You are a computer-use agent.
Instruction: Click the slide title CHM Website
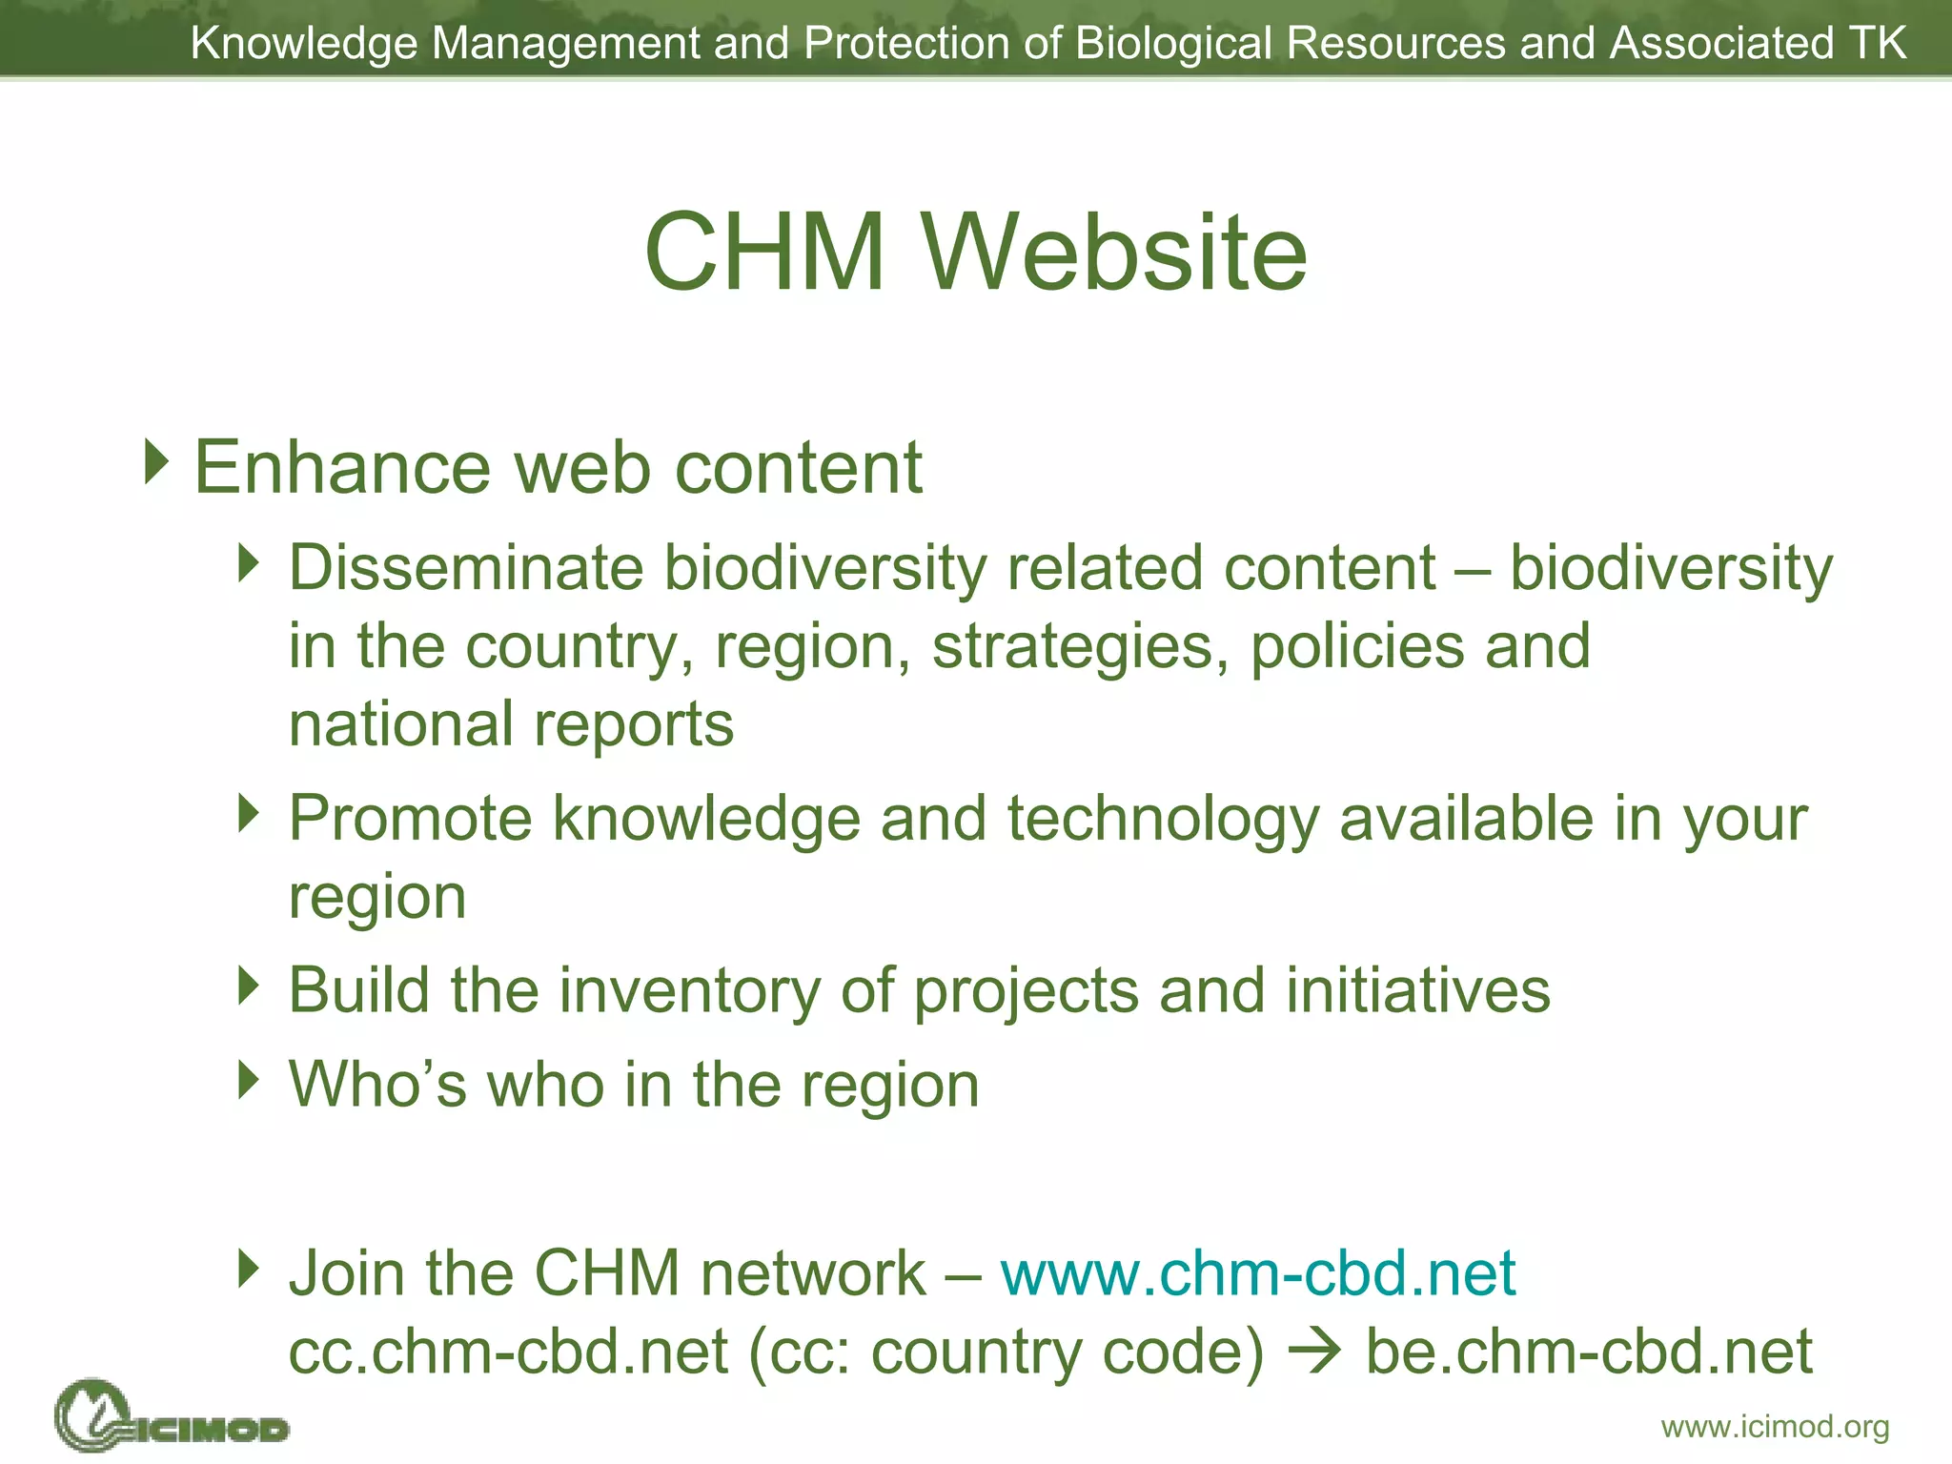[976, 253]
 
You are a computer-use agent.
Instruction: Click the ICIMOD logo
[172, 1417]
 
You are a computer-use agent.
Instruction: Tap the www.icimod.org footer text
[1775, 1427]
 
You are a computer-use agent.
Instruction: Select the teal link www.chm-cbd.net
[1258, 1273]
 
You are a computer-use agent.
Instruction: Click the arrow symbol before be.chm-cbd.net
[1314, 1352]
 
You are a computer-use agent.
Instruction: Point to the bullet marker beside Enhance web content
[156, 461]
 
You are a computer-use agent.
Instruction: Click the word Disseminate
[466, 569]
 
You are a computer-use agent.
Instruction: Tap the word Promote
[410, 819]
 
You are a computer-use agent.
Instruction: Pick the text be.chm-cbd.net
[1589, 1352]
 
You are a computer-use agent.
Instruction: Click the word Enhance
[343, 468]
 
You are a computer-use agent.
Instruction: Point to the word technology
[1163, 819]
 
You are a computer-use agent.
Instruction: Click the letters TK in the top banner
[1878, 43]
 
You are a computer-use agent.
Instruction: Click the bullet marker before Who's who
[249, 1080]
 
